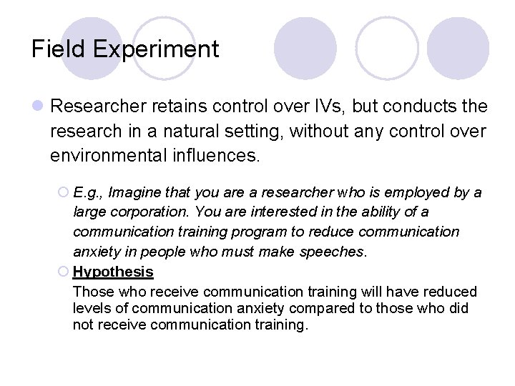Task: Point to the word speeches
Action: [x=337, y=252]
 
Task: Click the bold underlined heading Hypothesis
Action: [x=113, y=272]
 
